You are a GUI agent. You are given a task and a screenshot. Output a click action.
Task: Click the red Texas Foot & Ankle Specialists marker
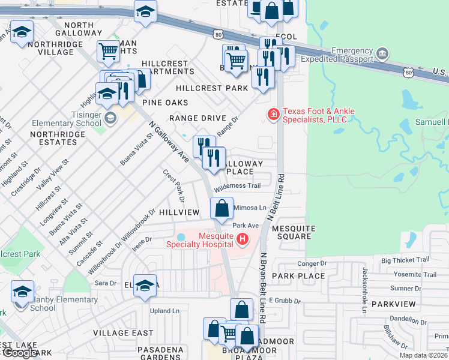(273, 114)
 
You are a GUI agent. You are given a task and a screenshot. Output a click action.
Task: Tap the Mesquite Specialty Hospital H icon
(243, 240)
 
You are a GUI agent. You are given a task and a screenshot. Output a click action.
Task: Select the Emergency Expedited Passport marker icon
(382, 55)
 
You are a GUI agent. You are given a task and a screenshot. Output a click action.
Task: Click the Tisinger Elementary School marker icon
(109, 118)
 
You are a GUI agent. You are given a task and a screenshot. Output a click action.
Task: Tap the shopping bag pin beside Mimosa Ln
(221, 208)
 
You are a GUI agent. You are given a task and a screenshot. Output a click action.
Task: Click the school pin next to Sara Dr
(145, 286)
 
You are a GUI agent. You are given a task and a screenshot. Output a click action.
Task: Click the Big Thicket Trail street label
(405, 260)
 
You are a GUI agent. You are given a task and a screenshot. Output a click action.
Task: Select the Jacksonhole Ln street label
(364, 291)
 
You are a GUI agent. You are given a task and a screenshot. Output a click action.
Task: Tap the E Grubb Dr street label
(283, 299)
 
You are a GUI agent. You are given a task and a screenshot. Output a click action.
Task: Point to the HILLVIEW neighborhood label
(179, 212)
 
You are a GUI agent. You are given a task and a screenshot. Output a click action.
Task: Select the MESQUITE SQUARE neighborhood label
(292, 233)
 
